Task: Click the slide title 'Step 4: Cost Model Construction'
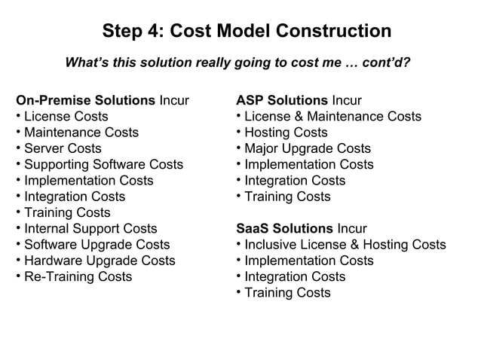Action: tap(247, 32)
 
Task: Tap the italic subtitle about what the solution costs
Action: tap(237, 63)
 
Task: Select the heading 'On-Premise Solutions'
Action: tap(84, 100)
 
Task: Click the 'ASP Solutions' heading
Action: tap(282, 100)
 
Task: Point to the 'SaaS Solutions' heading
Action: tap(284, 228)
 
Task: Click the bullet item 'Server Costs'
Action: tap(63, 148)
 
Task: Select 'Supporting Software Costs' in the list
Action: tap(103, 164)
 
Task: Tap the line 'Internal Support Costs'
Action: tap(90, 228)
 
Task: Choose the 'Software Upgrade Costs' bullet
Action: tap(97, 244)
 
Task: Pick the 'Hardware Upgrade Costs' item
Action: tap(100, 261)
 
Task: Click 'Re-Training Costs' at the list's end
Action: tap(78, 276)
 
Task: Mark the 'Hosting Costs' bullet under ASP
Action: tap(286, 133)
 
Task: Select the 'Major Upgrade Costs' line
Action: tap(308, 148)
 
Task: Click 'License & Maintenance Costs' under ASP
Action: tap(332, 116)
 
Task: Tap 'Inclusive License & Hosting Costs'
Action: tap(345, 244)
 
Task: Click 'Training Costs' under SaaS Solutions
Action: tap(287, 292)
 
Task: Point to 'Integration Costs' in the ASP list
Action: tap(295, 181)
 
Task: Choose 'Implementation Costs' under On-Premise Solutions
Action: tap(88, 181)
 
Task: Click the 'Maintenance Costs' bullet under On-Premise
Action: tap(81, 133)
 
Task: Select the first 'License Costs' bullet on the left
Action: tap(66, 116)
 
